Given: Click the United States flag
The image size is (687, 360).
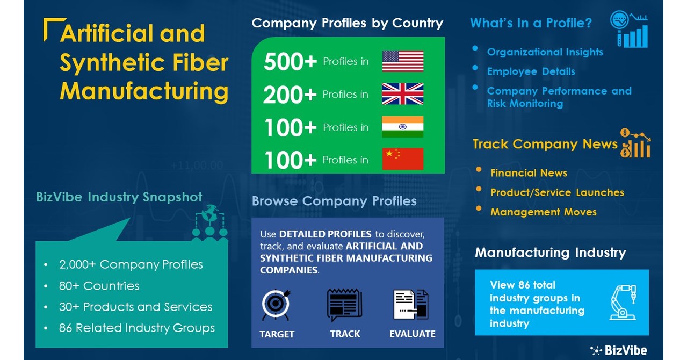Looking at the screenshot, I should click(403, 61).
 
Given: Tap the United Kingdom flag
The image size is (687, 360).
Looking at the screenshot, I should click(403, 94).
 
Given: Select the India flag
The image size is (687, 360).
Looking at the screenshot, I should click(403, 127).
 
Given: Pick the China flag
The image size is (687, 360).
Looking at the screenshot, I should click(403, 159).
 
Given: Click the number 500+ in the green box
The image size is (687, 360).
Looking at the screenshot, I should click(290, 62).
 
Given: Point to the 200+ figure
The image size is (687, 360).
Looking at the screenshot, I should click(290, 95).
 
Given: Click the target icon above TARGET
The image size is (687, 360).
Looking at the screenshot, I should click(277, 305).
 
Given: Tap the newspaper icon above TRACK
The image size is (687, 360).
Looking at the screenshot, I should click(344, 305).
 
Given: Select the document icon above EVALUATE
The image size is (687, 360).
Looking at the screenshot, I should click(411, 305).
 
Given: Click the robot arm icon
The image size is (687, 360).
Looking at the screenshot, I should click(623, 302).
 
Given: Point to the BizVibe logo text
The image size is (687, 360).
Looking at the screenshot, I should click(625, 350).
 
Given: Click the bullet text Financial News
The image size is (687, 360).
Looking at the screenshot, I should click(529, 173).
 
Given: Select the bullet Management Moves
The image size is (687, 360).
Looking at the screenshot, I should click(543, 212).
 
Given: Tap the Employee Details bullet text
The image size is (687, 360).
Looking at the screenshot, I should click(531, 71).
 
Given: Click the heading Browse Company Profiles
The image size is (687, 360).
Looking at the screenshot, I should click(334, 201).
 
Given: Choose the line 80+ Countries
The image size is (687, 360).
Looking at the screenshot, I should click(99, 286).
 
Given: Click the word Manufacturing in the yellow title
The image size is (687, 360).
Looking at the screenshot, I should click(144, 91).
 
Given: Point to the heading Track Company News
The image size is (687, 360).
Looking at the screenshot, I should click(545, 144).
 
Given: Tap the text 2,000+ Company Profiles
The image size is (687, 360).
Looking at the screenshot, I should click(131, 264).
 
